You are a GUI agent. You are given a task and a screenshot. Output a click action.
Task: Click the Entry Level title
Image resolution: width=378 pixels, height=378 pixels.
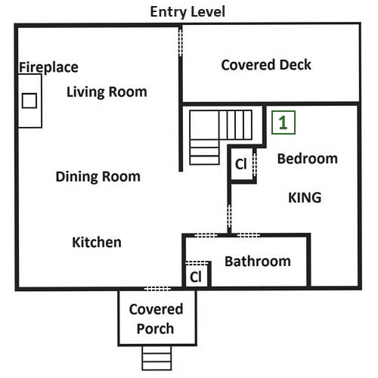(x=187, y=12)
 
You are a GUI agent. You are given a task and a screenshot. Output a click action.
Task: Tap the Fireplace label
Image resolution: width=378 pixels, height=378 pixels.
(x=48, y=67)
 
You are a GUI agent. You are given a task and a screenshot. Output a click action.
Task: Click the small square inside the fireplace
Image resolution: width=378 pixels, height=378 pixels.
(x=29, y=101)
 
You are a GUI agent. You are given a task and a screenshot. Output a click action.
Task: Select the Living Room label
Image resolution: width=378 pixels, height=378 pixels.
(x=107, y=91)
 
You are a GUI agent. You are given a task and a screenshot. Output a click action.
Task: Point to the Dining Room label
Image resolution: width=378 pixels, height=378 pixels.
(x=98, y=176)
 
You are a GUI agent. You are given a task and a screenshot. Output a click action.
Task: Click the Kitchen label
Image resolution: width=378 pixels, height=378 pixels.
(x=97, y=242)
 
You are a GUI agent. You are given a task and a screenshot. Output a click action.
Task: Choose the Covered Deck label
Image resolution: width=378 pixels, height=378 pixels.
(x=266, y=65)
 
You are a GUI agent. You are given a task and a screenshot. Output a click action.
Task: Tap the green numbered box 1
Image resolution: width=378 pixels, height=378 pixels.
(x=283, y=122)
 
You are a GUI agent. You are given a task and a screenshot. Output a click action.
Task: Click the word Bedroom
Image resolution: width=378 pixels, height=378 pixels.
(x=308, y=159)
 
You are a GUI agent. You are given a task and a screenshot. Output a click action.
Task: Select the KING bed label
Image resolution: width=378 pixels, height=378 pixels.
(x=305, y=197)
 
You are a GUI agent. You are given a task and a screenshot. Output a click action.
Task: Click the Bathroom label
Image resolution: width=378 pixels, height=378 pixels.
(x=258, y=261)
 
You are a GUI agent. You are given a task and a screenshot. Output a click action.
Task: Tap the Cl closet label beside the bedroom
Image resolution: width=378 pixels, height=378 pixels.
(x=240, y=164)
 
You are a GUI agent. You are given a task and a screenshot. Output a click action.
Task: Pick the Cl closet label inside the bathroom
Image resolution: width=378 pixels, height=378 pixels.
(x=196, y=277)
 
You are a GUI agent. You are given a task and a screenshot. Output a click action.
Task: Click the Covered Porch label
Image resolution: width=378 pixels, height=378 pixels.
(x=156, y=319)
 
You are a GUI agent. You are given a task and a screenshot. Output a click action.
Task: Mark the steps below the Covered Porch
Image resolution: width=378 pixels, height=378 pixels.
(x=156, y=358)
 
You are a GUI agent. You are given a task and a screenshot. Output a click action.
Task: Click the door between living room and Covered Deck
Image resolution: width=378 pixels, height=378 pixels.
(x=181, y=42)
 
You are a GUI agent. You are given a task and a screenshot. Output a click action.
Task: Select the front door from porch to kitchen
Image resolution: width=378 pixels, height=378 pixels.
(x=157, y=289)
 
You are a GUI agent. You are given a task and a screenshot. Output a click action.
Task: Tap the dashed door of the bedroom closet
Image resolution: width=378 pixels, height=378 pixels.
(x=255, y=164)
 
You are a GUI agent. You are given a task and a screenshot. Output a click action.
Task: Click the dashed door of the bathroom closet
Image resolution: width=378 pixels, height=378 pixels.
(x=197, y=263)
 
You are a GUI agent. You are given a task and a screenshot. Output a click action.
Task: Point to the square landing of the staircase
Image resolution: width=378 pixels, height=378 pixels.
(x=204, y=125)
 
